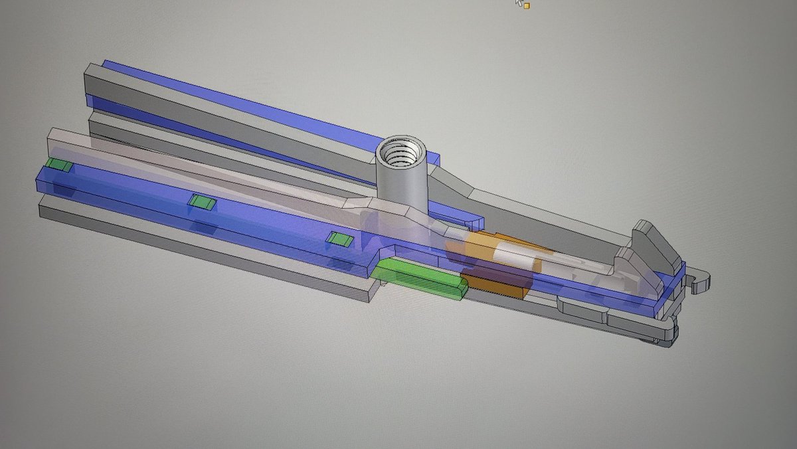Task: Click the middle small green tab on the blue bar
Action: click(x=201, y=202)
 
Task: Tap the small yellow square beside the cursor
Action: click(x=527, y=5)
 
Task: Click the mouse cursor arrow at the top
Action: click(x=519, y=2)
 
